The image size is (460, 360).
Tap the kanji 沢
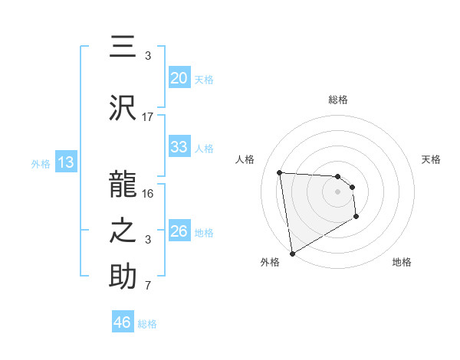pyautogui.click(x=123, y=108)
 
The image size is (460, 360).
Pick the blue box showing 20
pyautogui.click(x=179, y=78)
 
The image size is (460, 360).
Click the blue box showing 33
pyautogui.click(x=179, y=147)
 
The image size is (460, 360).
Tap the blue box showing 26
pyautogui.click(x=179, y=231)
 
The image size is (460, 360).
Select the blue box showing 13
pyautogui.click(x=65, y=162)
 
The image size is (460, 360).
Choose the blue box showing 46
pyautogui.click(x=123, y=322)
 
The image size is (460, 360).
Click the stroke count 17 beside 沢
pyautogui.click(x=148, y=117)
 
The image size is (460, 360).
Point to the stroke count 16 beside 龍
pyautogui.click(x=148, y=193)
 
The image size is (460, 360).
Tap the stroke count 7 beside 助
pyautogui.click(x=148, y=286)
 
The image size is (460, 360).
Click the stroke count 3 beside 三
pyautogui.click(x=148, y=56)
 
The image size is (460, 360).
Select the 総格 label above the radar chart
pyautogui.click(x=337, y=100)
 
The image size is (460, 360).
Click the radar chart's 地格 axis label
pyautogui.click(x=402, y=263)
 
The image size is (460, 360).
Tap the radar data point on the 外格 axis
pyautogui.click(x=291, y=253)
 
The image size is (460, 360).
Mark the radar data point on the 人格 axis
pyautogui.click(x=279, y=172)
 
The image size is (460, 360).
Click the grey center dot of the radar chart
pyautogui.click(x=337, y=192)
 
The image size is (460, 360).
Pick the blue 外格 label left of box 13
pyautogui.click(x=41, y=163)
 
